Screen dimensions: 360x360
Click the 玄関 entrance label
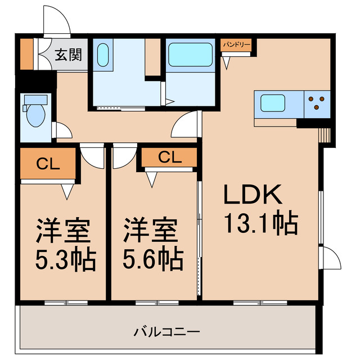(x=68, y=55)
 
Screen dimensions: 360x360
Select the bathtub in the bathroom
(x=191, y=56)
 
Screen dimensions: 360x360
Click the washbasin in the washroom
(x=103, y=55)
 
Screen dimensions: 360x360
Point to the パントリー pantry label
(x=236, y=43)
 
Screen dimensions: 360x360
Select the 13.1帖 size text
(x=260, y=224)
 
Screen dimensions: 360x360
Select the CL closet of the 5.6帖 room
(x=169, y=157)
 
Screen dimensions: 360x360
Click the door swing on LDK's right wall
(x=331, y=258)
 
